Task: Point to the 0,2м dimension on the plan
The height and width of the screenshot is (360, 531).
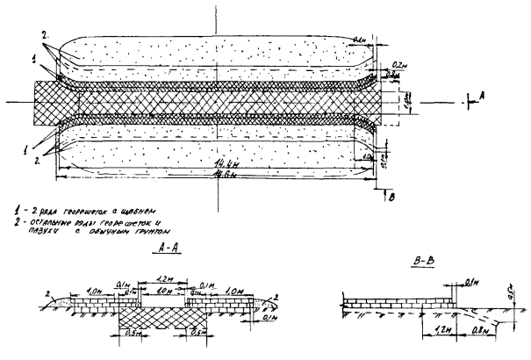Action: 400,65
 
